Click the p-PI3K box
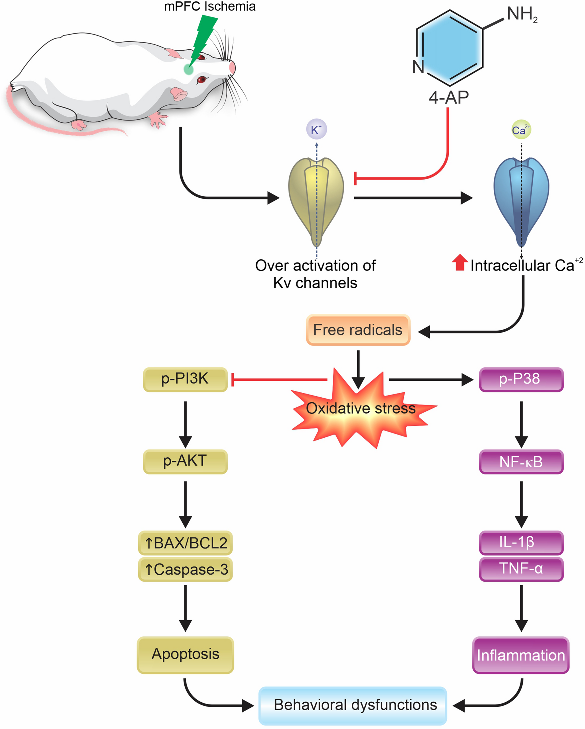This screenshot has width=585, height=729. [x=185, y=379]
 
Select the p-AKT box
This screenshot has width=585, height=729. [x=185, y=462]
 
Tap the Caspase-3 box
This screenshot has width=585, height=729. [x=185, y=570]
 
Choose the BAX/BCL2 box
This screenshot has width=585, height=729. [x=185, y=543]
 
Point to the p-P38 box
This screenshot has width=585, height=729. [x=521, y=379]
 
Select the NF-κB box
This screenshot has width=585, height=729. [x=521, y=462]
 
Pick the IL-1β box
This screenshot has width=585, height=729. [x=521, y=543]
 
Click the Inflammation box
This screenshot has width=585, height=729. [x=520, y=655]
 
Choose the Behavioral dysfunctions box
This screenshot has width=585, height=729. [x=353, y=706]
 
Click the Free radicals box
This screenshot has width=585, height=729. [x=358, y=330]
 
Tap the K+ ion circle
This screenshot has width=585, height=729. [x=316, y=129]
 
